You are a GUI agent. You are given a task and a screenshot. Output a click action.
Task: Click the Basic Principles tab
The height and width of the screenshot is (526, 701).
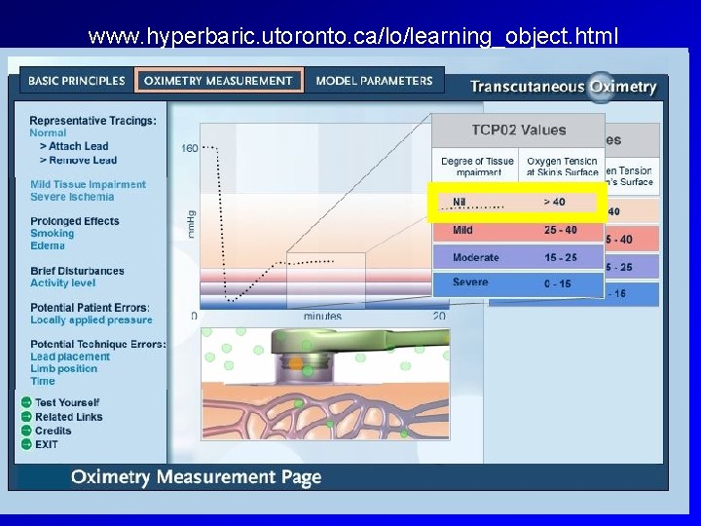pos(77,80)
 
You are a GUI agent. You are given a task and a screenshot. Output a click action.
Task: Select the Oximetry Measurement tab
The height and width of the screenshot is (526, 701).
pos(218,80)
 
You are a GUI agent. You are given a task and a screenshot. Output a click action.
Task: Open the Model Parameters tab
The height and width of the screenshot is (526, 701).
pos(374,80)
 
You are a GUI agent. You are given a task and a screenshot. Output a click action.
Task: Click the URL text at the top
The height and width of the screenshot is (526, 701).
pos(352,37)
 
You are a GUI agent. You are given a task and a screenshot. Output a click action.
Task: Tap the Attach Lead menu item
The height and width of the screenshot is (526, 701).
pos(79,146)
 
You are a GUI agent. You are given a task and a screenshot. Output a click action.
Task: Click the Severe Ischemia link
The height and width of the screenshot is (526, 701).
pos(72,197)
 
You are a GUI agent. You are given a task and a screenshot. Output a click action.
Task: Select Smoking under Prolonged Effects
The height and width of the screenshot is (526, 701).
pos(52,234)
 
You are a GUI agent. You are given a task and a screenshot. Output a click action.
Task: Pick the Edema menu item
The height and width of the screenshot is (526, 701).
pos(48,245)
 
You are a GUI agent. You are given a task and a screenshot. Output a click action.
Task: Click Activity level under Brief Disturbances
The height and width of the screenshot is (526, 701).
pos(63,283)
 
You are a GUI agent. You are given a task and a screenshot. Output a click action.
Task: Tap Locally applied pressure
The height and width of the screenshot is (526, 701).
pos(92,319)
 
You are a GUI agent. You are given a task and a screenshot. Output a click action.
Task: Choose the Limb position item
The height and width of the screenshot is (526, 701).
pos(63,368)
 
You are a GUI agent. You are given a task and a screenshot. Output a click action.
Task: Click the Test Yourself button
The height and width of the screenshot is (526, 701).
pos(66,402)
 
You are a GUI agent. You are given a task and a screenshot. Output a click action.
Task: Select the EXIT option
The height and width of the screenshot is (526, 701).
pos(46,444)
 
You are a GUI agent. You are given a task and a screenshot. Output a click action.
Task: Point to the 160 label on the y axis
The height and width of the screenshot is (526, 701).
pos(189,148)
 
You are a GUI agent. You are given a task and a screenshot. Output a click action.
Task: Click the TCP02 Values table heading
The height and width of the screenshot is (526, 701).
pos(518,130)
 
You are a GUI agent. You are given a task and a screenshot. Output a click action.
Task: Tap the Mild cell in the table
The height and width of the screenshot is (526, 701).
pos(463,231)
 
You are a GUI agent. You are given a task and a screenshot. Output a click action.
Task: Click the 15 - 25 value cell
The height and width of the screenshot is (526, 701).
pos(560,257)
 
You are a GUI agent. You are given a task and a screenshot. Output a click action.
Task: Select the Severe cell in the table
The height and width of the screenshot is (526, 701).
pos(470,282)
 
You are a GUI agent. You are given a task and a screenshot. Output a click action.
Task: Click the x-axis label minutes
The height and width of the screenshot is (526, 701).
pos(321,316)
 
